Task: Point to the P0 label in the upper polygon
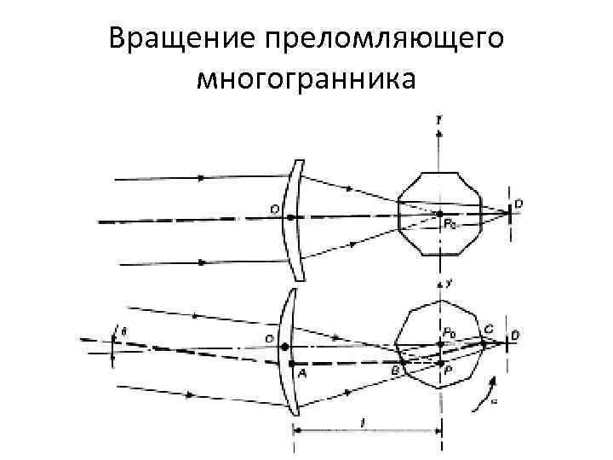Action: tap(449, 225)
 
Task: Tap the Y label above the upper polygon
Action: tap(438, 122)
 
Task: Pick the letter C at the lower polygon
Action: tap(487, 328)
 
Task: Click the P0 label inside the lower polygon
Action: tap(449, 332)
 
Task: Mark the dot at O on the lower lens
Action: tap(284, 347)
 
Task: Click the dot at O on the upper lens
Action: tap(290, 217)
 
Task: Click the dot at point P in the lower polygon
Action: tap(439, 363)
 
